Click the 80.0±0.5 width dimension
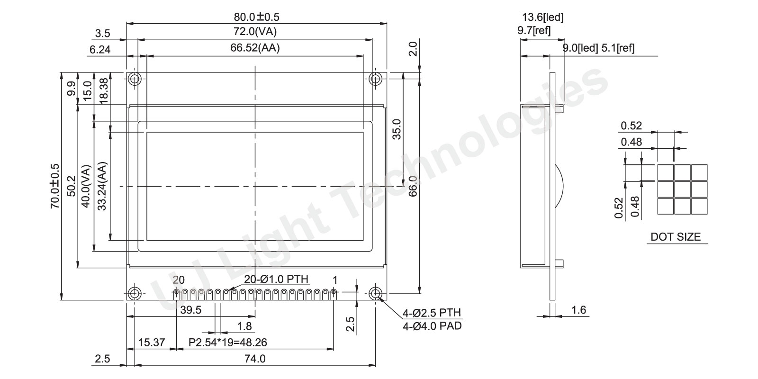point(256,17)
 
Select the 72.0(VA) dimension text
point(255,31)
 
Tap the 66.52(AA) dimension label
point(255,48)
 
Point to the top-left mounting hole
point(135,80)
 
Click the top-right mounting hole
point(375,80)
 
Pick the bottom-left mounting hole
point(135,293)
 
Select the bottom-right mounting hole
point(375,293)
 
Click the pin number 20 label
point(179,280)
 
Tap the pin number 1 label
point(334,280)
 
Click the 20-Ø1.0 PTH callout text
point(276,279)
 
